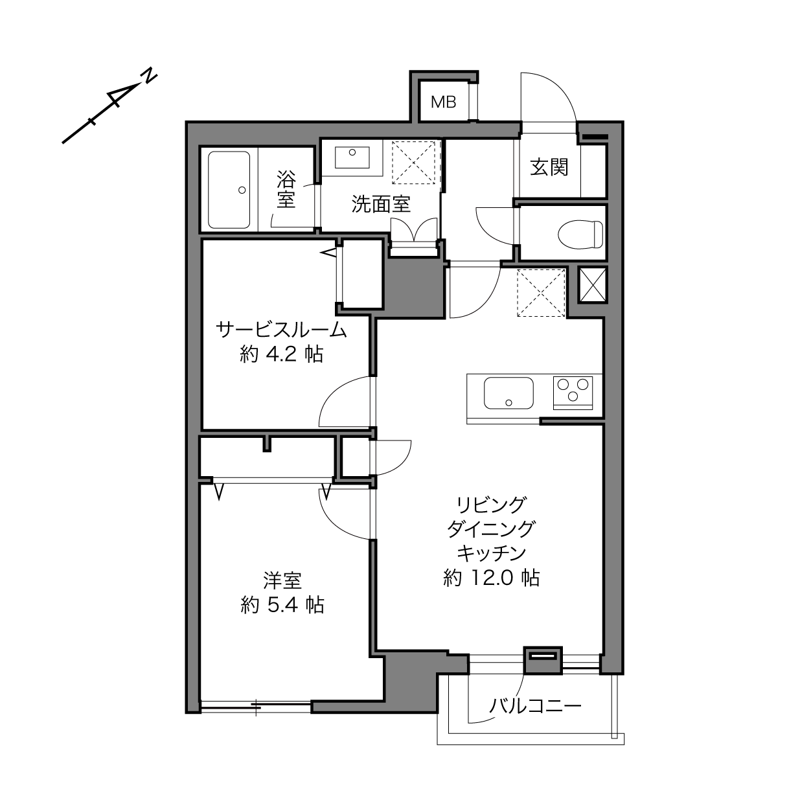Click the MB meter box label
pos(443,102)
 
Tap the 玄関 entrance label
pos(549,167)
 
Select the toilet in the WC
pos(580,234)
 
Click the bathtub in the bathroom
pos(229,190)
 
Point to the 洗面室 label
pos(381,204)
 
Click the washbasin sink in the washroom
pos(352,157)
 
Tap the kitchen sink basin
pos(509,393)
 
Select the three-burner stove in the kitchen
pos(573,393)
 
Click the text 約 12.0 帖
pos(491,578)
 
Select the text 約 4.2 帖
pos(282,354)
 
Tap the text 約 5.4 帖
pos(282,605)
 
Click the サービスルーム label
pos(281,330)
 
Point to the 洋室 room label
pos(282,580)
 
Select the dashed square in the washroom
pos(413,163)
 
